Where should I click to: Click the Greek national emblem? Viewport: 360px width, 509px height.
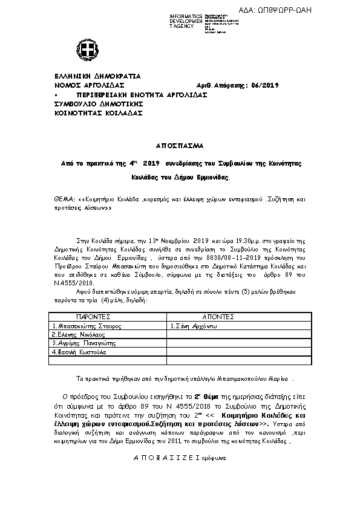point(84,50)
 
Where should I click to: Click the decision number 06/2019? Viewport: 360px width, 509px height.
point(263,86)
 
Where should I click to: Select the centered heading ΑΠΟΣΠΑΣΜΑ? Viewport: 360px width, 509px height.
point(179,146)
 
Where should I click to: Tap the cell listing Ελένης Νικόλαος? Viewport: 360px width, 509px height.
point(76,334)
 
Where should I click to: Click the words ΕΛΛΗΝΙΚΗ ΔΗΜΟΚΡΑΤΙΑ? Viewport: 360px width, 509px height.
point(97,77)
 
